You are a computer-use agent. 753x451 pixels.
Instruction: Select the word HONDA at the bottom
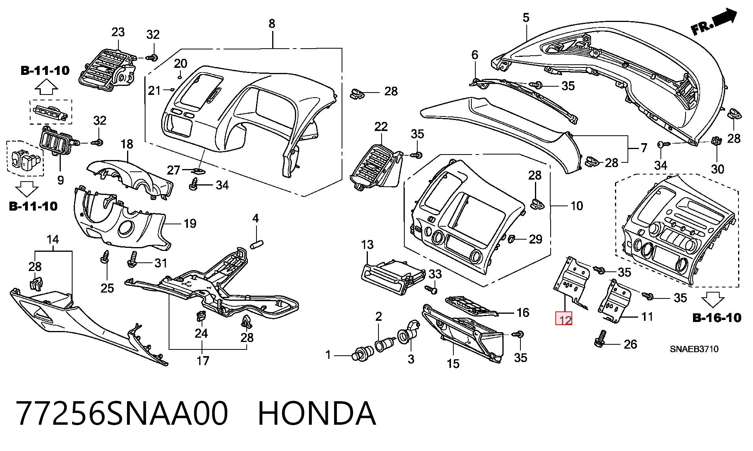click(317, 413)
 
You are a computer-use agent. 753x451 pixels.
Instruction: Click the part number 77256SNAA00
click(122, 413)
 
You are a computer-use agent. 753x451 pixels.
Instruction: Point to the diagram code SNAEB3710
click(694, 349)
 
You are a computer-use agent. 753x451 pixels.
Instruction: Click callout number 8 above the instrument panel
click(272, 24)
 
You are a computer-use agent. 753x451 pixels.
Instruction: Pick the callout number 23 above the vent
click(118, 32)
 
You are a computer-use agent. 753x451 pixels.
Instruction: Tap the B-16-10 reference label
click(717, 317)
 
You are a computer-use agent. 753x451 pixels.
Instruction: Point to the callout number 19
click(190, 224)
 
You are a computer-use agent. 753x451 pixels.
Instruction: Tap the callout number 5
click(526, 18)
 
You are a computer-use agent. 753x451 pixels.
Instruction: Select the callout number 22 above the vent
click(381, 127)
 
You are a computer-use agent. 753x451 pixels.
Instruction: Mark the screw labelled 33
click(431, 289)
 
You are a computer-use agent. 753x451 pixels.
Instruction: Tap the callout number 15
click(453, 364)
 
